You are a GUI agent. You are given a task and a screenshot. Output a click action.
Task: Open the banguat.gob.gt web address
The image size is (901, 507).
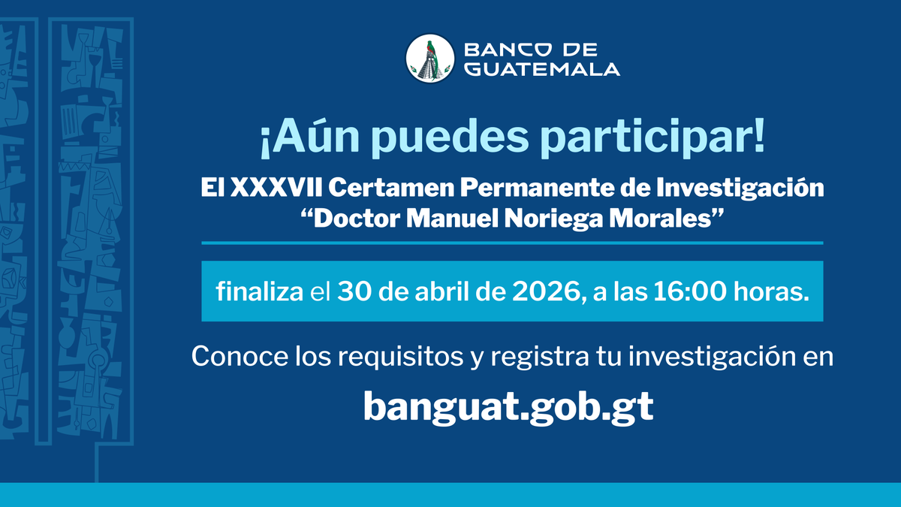(x=508, y=408)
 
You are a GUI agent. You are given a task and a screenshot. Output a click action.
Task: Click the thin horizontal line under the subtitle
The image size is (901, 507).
(x=512, y=243)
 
